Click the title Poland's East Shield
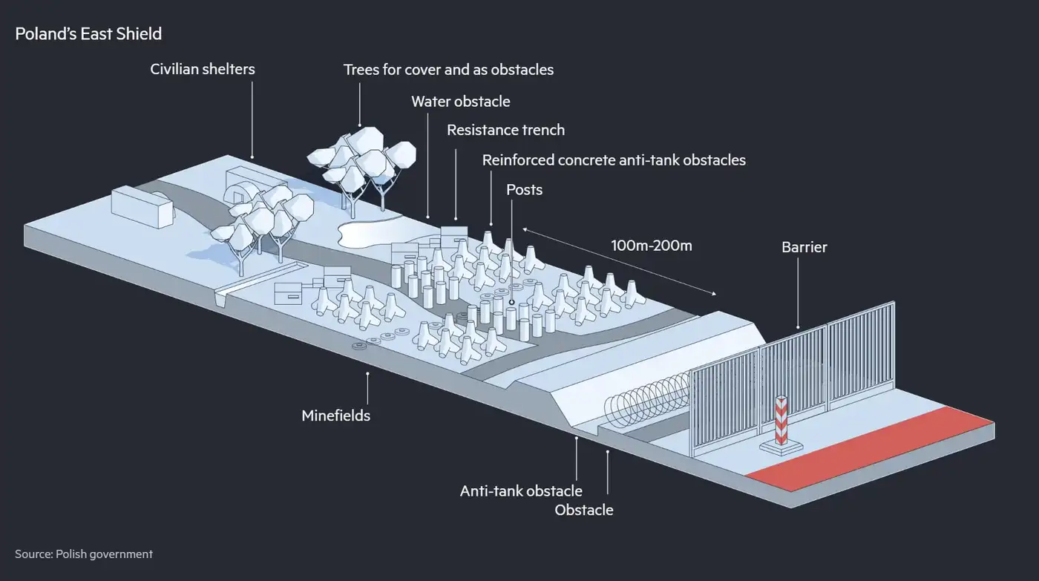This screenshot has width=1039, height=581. [x=88, y=34]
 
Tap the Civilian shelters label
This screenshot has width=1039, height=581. [x=203, y=69]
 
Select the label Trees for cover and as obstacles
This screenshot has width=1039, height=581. [x=448, y=70]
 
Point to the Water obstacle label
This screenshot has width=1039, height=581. [x=461, y=101]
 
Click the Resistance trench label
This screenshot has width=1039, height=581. [x=505, y=130]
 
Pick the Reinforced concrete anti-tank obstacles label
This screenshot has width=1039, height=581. [x=614, y=160]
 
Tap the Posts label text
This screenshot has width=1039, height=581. [x=524, y=189]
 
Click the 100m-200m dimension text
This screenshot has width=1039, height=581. [x=651, y=245]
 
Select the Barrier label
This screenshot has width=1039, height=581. [x=804, y=247]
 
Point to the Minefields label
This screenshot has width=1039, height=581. [x=335, y=416]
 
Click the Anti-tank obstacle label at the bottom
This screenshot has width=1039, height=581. [x=521, y=490]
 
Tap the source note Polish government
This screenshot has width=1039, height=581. [x=84, y=554]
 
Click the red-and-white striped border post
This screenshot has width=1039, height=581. [x=781, y=422]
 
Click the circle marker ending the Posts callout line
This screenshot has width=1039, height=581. [x=511, y=302]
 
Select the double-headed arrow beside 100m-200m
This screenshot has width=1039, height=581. [x=620, y=261]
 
